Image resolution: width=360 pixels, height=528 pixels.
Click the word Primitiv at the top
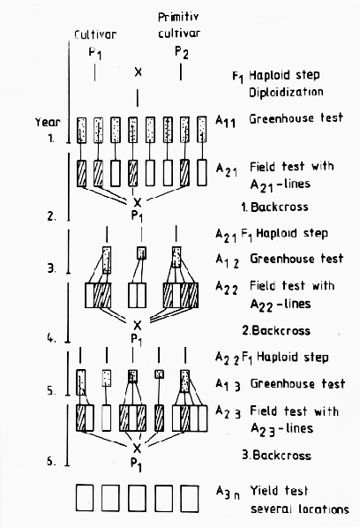(178, 17)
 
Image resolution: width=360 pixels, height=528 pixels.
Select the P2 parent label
(182, 52)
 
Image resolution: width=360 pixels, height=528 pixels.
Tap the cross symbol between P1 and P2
(138, 72)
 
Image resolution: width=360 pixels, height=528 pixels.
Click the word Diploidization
(286, 92)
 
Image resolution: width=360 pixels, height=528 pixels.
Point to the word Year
(48, 122)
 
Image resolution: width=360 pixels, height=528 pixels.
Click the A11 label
(225, 121)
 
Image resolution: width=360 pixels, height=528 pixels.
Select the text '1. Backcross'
(274, 207)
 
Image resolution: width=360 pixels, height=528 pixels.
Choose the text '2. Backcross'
(276, 330)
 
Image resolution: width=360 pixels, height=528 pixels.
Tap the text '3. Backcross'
(276, 455)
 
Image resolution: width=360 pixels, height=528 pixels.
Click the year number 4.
(51, 338)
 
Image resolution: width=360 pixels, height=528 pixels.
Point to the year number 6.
(51, 461)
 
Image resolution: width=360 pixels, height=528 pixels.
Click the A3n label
(228, 494)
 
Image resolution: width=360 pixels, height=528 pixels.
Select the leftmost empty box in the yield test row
(85, 498)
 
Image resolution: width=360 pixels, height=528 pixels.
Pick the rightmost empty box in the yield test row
(190, 498)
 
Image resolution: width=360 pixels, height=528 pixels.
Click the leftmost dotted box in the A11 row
(81, 130)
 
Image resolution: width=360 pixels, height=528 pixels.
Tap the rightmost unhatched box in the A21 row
(201, 172)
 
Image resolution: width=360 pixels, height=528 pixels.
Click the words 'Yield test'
(279, 491)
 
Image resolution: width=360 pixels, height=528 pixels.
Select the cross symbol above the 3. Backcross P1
(137, 449)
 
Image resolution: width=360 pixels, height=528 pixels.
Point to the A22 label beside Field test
(227, 288)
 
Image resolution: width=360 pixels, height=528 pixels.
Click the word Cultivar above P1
(95, 34)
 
